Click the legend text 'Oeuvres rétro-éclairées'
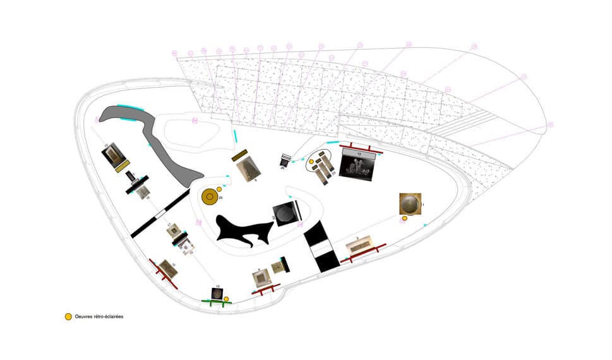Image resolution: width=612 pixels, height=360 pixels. [99, 316]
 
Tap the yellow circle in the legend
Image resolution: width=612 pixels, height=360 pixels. [68, 316]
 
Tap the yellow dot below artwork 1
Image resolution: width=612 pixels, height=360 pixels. [405, 219]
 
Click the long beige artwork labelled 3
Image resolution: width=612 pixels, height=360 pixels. [362, 246]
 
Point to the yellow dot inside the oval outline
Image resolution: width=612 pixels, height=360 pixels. [311, 162]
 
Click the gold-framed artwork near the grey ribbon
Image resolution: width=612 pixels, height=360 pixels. [116, 154]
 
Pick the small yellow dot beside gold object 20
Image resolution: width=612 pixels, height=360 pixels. [219, 189]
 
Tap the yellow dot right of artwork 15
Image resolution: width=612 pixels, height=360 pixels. [226, 298]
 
